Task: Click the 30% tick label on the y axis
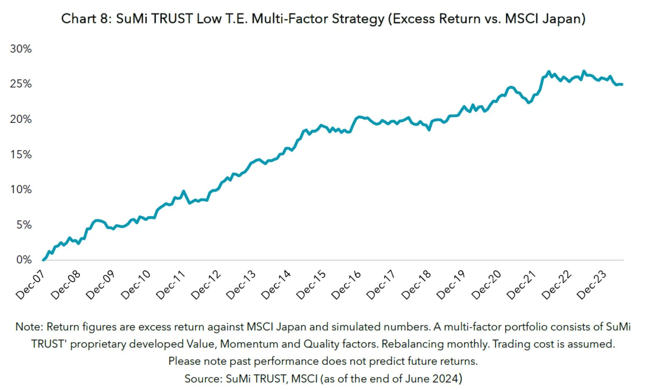[x=21, y=49]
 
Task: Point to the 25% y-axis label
[x=21, y=84]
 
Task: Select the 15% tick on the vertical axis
[x=21, y=154]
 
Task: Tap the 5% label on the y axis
[x=24, y=225]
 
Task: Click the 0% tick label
[x=24, y=260]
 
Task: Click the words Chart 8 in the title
[x=84, y=19]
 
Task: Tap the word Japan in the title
[x=561, y=19]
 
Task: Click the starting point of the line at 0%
[x=43, y=260]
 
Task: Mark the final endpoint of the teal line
[x=622, y=84]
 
